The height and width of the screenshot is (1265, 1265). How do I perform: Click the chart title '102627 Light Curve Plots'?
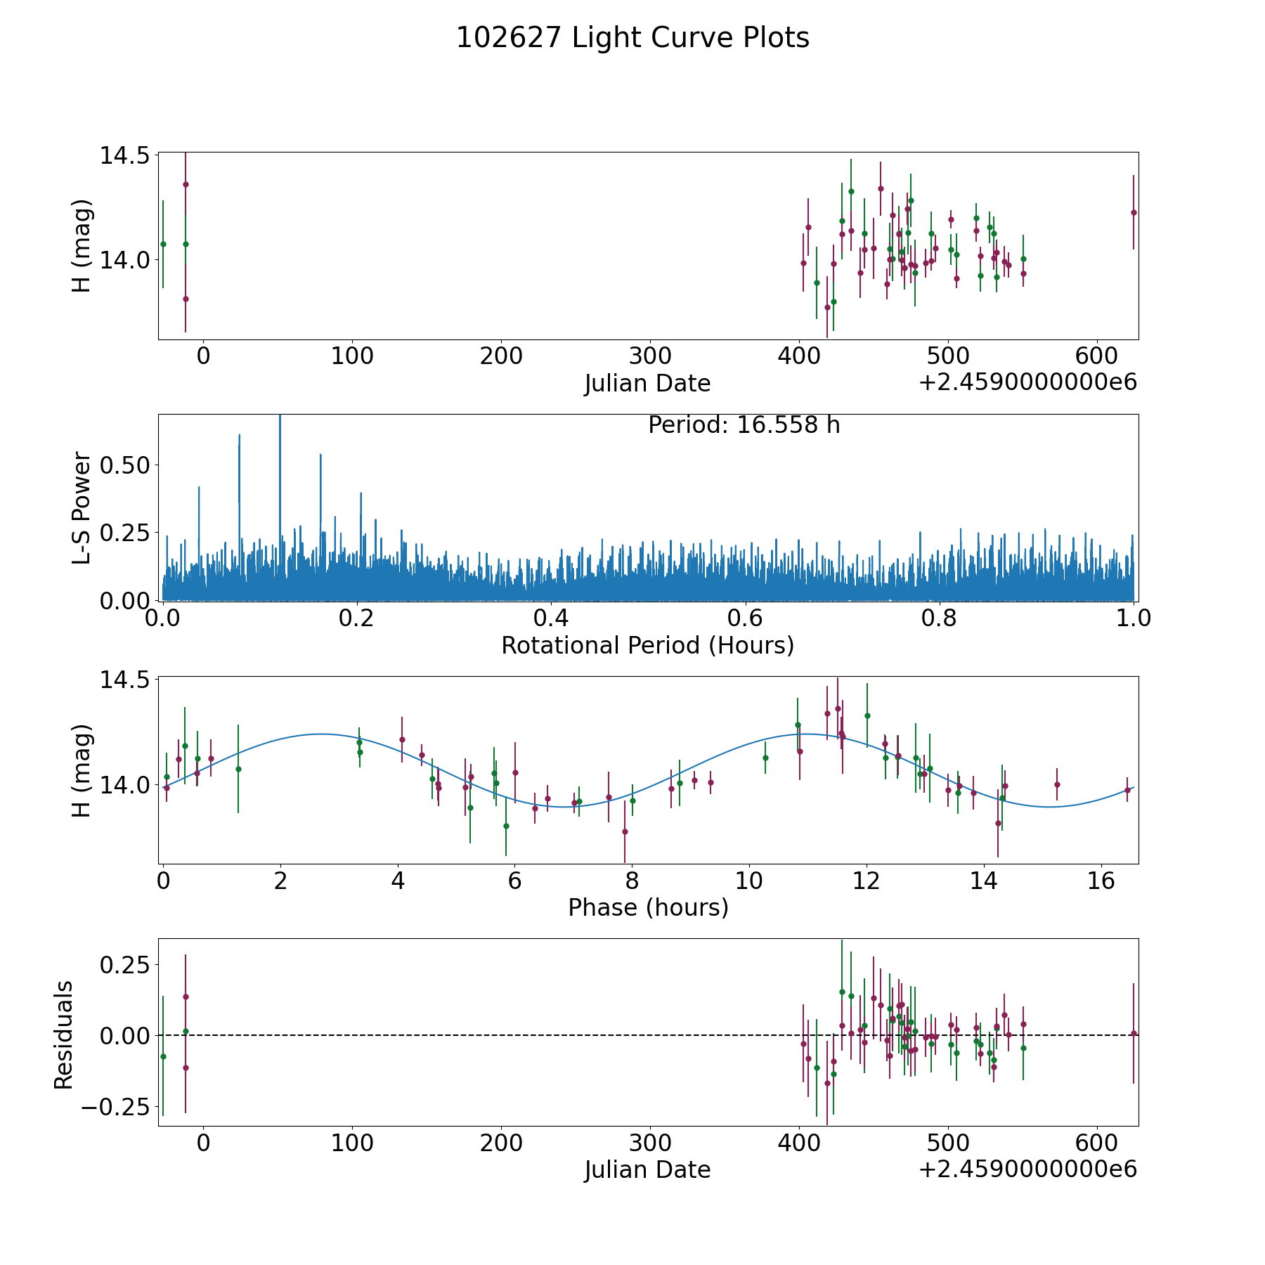click(x=632, y=38)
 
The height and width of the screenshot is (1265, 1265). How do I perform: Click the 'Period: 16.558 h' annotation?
click(x=744, y=425)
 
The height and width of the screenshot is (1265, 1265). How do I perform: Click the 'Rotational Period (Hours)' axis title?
click(x=647, y=645)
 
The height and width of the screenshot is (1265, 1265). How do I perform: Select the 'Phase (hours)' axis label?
click(x=648, y=908)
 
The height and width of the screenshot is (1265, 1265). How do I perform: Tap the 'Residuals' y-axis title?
click(x=63, y=1034)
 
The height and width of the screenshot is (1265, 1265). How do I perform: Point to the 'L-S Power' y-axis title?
click(x=82, y=507)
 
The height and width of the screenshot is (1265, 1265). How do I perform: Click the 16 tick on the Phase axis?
click(x=1101, y=881)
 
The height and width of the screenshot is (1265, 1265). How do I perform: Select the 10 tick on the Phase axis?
click(x=749, y=881)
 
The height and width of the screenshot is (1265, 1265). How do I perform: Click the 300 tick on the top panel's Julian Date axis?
click(x=650, y=356)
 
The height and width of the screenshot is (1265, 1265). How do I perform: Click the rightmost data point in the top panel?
click(x=1133, y=212)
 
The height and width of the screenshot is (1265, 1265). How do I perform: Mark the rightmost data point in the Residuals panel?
click(x=1133, y=1033)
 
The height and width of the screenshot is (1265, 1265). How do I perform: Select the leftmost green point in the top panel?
click(x=163, y=244)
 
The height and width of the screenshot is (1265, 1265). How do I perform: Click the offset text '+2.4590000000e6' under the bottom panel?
click(x=1027, y=1169)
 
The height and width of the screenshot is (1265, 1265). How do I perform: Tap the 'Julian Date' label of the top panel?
click(x=647, y=384)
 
